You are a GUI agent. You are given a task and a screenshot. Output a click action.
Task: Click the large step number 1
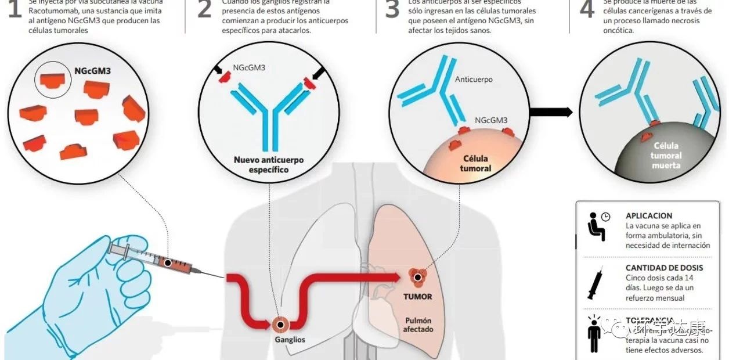coord(13,10)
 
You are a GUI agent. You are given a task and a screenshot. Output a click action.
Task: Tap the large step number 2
coord(204,10)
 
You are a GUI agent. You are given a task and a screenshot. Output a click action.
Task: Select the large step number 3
coord(393,10)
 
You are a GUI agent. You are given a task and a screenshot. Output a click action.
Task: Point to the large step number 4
coord(587,10)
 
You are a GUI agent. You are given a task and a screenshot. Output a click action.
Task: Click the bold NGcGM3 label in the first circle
coord(93,72)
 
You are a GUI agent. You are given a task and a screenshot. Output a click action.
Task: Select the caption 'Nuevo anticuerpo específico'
coord(269,165)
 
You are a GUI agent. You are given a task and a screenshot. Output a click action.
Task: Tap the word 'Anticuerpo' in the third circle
coord(474,79)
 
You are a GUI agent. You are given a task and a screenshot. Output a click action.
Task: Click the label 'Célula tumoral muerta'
coord(666,156)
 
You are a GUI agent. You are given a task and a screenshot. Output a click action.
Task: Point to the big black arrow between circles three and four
coord(551,112)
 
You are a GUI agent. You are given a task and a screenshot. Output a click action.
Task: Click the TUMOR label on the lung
coord(418,296)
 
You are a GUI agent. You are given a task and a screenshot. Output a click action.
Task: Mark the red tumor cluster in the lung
coord(416,276)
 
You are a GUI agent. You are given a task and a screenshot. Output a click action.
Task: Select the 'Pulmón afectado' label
coord(418,325)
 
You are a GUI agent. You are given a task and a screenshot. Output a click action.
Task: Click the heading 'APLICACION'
coord(649,215)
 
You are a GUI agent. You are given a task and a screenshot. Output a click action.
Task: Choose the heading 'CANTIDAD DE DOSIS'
coord(664,268)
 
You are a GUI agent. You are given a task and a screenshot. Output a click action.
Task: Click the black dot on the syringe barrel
coord(168,263)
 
